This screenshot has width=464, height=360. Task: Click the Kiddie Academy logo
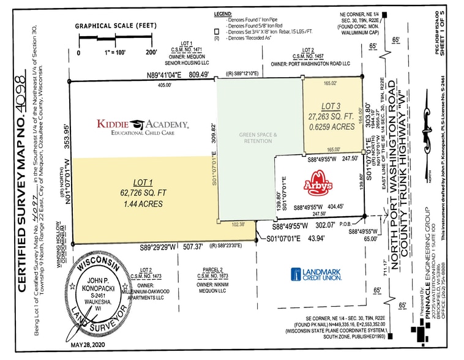(x=142, y=125)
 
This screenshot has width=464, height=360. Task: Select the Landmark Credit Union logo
(x=316, y=274)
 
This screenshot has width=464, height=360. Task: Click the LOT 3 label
(x=331, y=107)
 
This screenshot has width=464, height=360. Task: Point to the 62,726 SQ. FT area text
(x=144, y=192)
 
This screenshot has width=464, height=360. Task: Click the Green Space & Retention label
(x=258, y=137)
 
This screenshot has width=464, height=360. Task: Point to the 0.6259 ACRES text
(x=331, y=127)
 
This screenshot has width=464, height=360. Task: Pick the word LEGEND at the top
(x=224, y=13)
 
